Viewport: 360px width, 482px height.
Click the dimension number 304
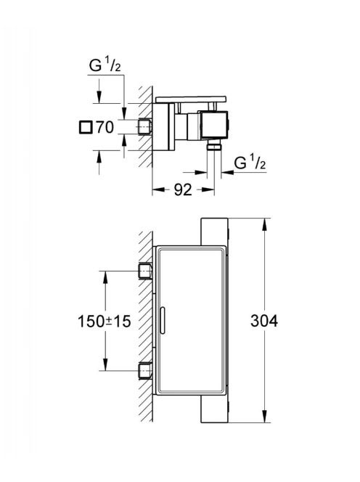click(263, 321)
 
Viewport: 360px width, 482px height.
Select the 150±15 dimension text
click(105, 322)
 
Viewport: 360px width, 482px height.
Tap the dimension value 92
click(183, 190)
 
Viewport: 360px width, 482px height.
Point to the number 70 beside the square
click(105, 127)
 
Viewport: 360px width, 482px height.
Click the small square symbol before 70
click(86, 127)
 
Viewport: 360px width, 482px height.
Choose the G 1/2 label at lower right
click(250, 163)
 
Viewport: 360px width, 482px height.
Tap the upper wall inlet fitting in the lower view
click(145, 271)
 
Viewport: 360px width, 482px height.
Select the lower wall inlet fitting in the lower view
click(145, 371)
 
